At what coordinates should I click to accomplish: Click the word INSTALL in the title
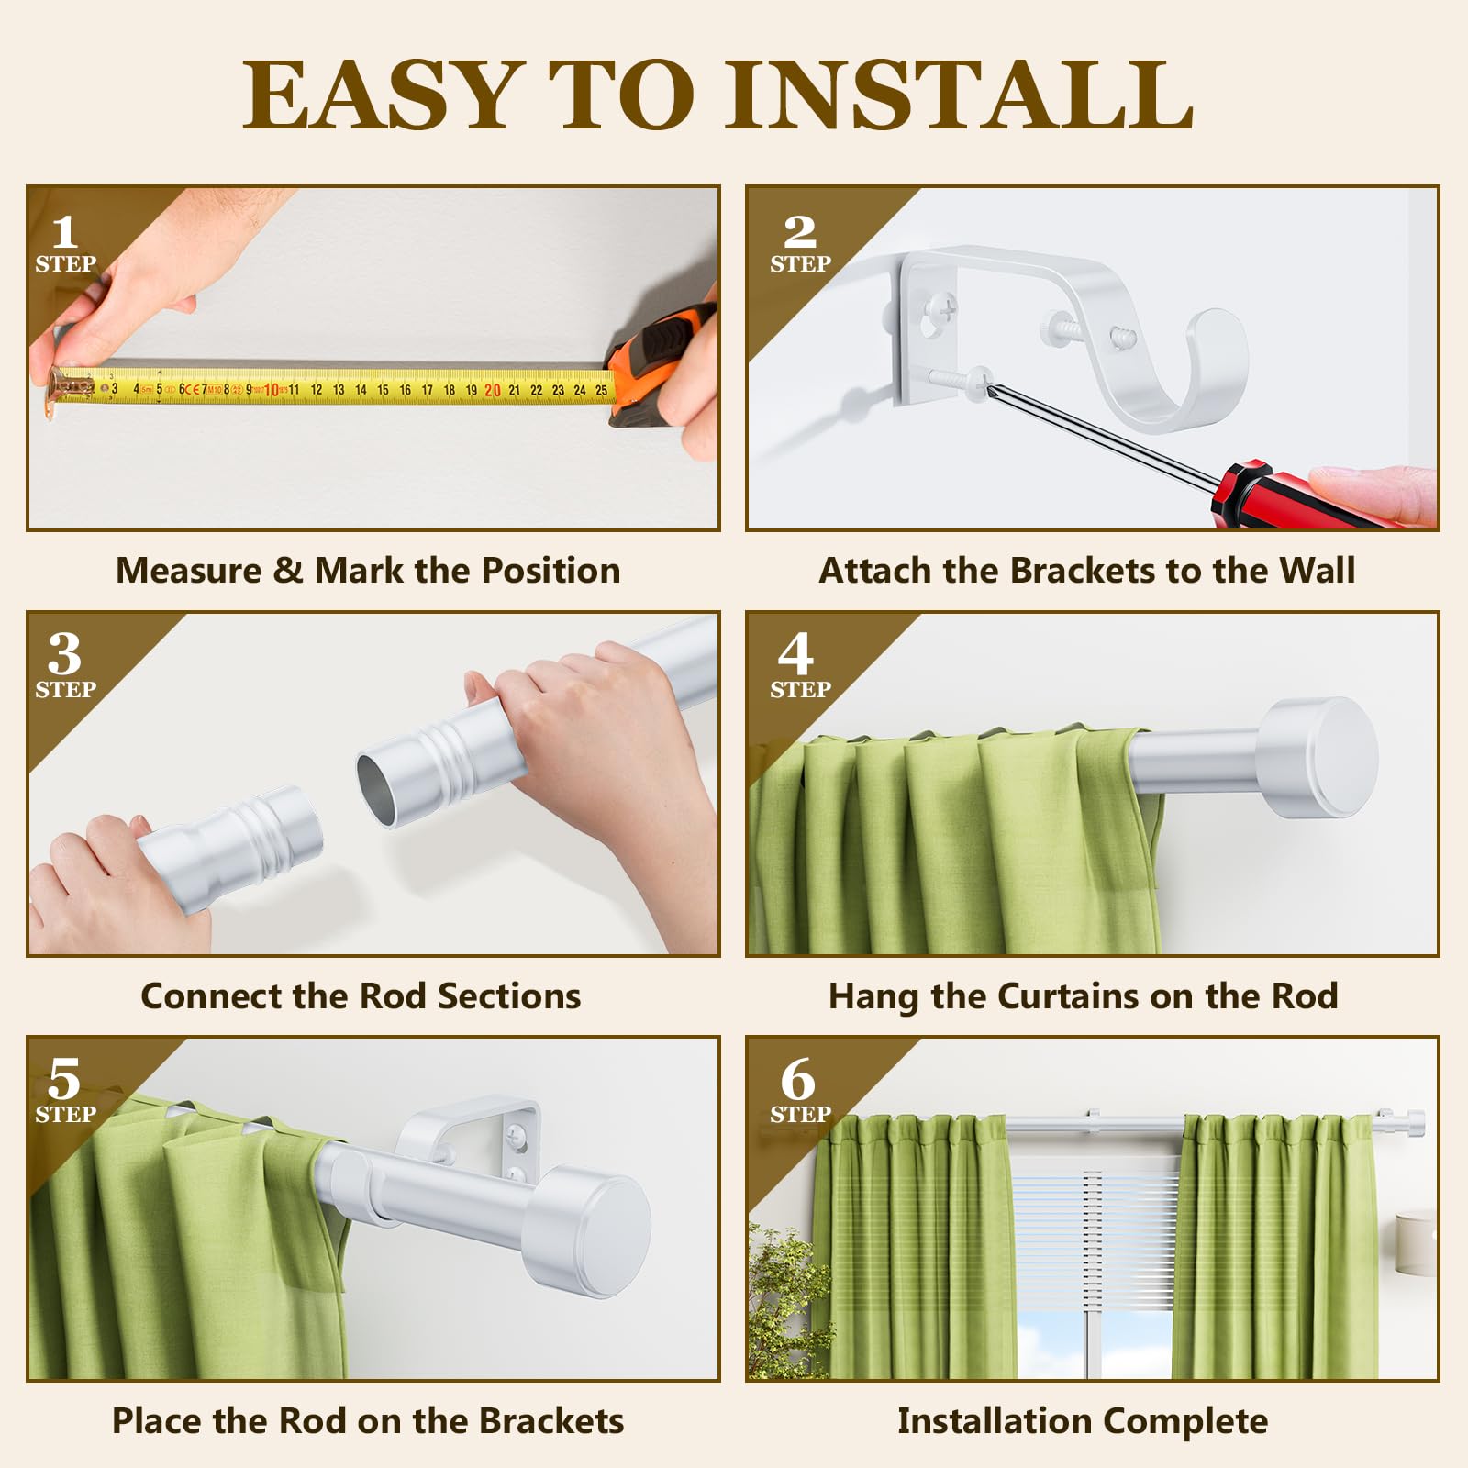(x=960, y=95)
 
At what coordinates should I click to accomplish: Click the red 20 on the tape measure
(x=493, y=390)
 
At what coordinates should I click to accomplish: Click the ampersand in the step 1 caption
(x=287, y=571)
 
